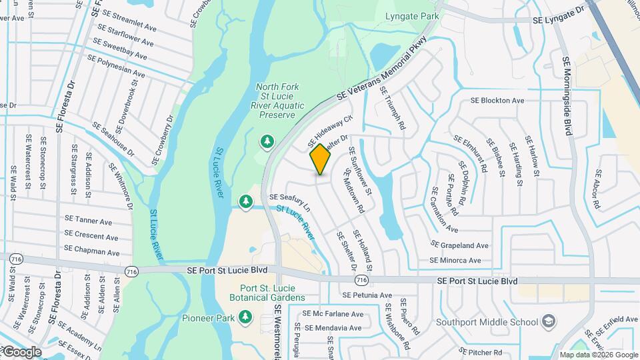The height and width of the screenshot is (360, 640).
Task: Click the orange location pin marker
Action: (x=321, y=159)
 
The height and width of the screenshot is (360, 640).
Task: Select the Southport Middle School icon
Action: (x=548, y=322)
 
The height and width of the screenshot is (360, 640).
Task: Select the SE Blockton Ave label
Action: (x=497, y=101)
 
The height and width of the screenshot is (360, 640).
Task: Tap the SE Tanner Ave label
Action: (x=88, y=221)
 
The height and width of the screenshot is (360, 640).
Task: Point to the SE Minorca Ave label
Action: (x=455, y=260)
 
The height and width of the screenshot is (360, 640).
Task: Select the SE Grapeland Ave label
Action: (x=460, y=245)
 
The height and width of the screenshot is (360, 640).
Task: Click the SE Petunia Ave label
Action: (x=367, y=295)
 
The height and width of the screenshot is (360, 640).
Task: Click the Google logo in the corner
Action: (x=21, y=351)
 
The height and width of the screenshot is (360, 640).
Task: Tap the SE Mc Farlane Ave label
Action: (x=333, y=313)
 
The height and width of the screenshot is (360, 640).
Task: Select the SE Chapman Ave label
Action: (x=92, y=253)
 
